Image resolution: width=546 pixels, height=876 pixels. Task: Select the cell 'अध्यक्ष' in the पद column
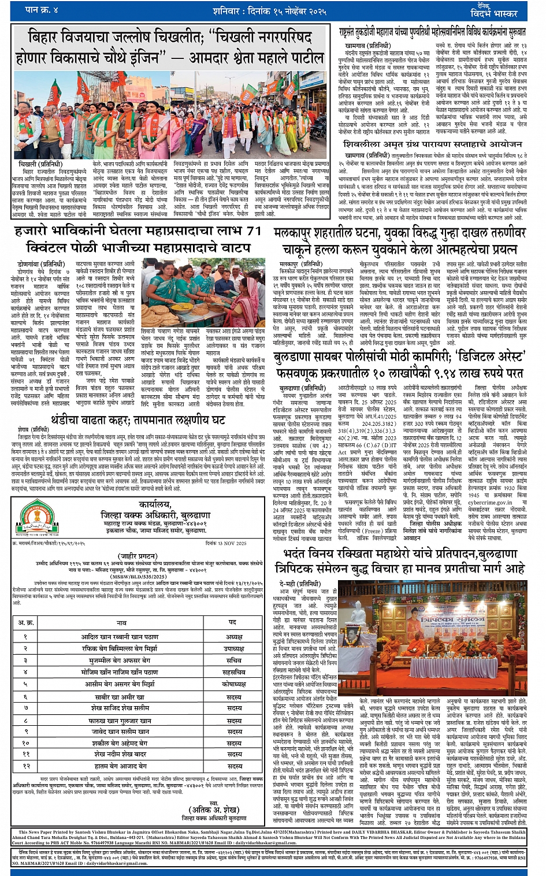234,636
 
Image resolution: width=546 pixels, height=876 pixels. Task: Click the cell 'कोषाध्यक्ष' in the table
234,684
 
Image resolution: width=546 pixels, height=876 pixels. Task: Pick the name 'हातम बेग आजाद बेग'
121,766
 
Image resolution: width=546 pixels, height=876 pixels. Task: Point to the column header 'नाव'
121,622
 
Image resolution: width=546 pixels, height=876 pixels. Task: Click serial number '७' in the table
25,708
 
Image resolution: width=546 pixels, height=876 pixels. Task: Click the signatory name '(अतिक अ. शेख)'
216,810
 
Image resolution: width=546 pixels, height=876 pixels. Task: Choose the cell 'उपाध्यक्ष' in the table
234,648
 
